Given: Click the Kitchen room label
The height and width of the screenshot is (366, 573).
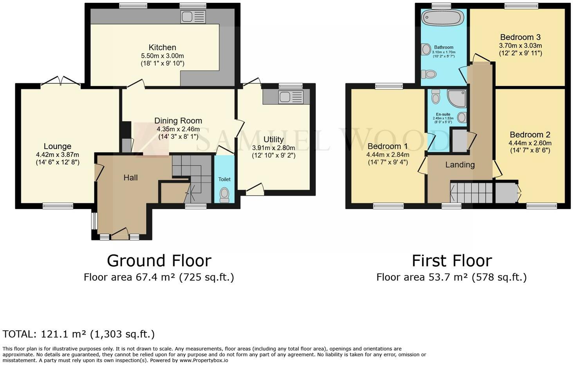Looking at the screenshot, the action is tap(162, 47).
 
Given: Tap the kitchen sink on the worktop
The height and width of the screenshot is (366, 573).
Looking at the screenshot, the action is tap(193, 17).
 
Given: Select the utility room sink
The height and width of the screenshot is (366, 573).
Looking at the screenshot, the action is tap(291, 97).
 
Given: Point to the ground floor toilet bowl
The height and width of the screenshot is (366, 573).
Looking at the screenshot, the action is tap(225, 195).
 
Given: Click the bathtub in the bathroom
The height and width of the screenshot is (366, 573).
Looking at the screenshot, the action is tap(443, 18).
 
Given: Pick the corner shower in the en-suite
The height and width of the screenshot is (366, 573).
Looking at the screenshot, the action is tap(457, 99).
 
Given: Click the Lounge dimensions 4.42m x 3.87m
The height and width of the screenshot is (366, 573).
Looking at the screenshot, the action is tap(58, 154).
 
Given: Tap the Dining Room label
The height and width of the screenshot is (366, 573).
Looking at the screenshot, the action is tap(178, 121).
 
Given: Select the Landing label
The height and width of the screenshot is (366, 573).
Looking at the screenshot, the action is tap(460, 165).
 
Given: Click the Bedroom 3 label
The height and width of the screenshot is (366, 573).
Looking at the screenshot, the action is tap(520, 37).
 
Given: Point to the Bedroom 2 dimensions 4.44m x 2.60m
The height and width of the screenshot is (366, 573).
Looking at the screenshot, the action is tap(530, 143).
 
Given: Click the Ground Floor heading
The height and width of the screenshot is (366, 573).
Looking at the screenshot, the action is tap(159, 261).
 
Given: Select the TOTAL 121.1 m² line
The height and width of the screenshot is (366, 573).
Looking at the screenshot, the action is tap(79, 334).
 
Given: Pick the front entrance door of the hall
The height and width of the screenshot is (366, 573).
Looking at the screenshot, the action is tap(120, 233).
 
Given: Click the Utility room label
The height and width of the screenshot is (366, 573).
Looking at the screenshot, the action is tap(274, 140).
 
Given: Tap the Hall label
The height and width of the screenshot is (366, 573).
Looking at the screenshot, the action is tap(130, 178).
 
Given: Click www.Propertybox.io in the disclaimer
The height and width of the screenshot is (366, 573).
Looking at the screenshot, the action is tap(204, 361).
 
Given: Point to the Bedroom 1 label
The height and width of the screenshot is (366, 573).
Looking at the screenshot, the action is tap(387, 146).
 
